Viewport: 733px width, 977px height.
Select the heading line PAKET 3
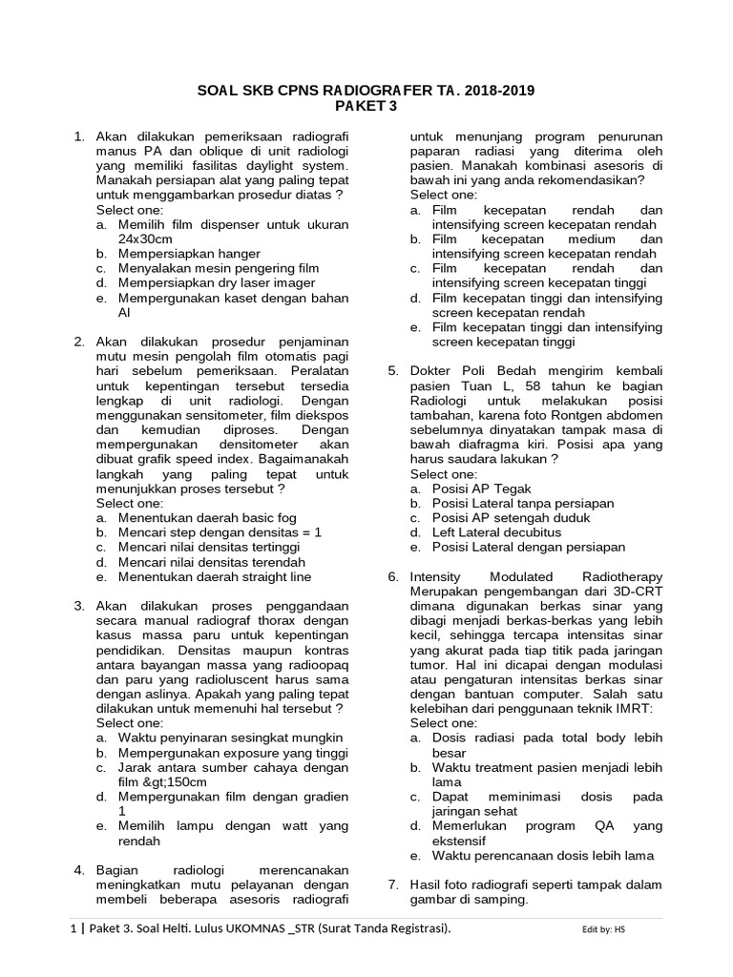click(366, 107)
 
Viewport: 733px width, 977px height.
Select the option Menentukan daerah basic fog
click(202, 517)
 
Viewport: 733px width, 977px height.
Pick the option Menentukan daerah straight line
click(215, 577)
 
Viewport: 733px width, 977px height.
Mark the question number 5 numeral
click(392, 371)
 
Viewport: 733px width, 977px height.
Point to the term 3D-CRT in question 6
click(639, 592)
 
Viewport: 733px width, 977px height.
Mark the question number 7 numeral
click(392, 885)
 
